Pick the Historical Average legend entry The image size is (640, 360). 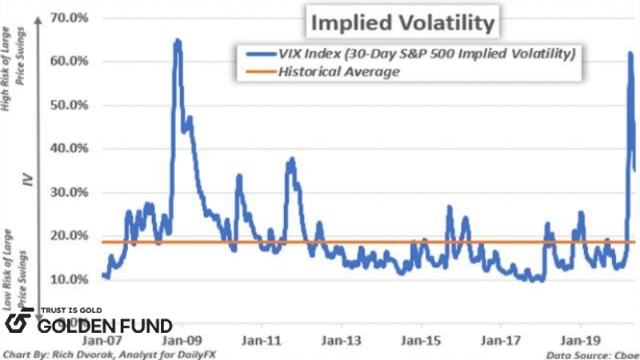pyautogui.click(x=338, y=72)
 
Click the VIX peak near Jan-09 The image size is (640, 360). pyautogui.click(x=178, y=40)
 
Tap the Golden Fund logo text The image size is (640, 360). pyautogui.click(x=105, y=326)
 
